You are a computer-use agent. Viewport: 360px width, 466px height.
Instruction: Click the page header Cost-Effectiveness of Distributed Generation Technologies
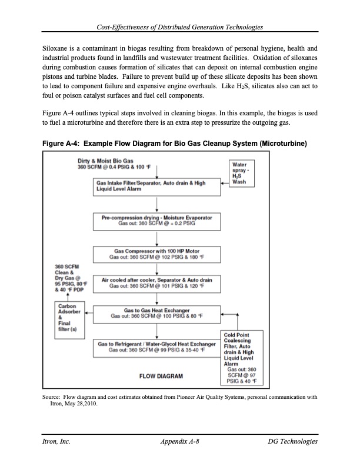(x=179, y=27)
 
